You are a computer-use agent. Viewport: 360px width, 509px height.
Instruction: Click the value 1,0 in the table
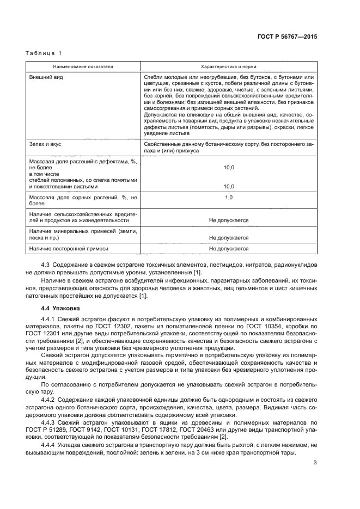click(x=229, y=197)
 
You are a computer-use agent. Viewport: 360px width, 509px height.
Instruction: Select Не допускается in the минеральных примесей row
click(x=229, y=237)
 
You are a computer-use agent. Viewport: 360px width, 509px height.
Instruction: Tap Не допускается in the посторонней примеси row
click(x=229, y=248)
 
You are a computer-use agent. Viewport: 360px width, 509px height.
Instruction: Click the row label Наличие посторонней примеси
click(x=69, y=248)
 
